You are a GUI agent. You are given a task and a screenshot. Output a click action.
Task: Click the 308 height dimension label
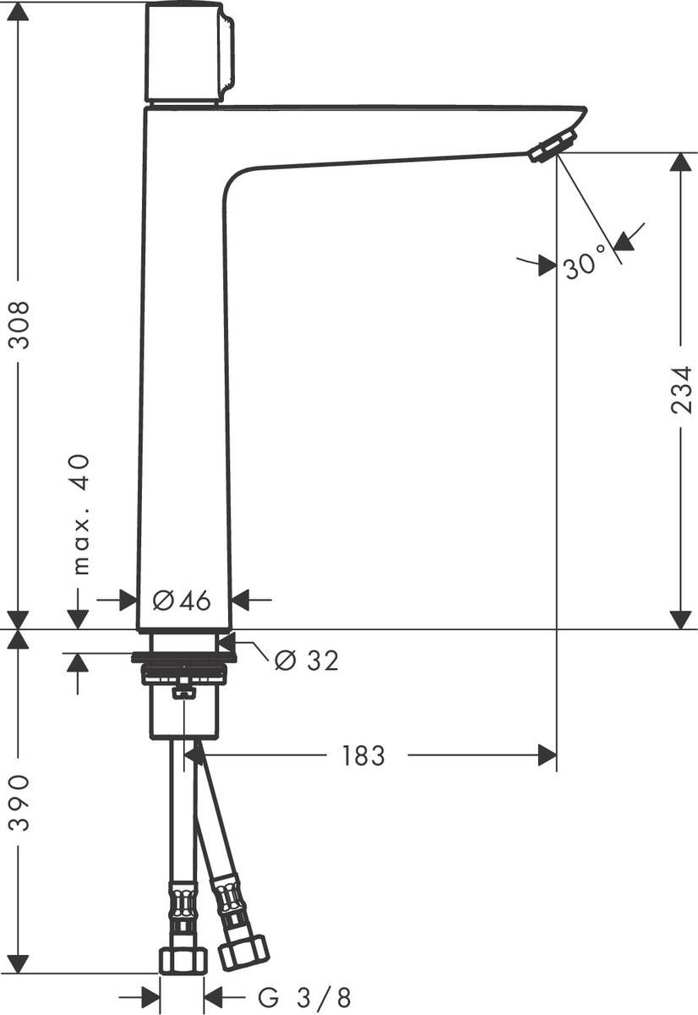(x=19, y=324)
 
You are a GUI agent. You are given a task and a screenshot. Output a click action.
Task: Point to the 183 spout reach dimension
(x=364, y=755)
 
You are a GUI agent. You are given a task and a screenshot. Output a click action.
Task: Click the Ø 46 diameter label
(x=182, y=601)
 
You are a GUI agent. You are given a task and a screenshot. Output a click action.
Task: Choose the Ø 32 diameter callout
(x=307, y=661)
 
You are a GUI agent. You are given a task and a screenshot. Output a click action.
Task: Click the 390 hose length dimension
(x=19, y=801)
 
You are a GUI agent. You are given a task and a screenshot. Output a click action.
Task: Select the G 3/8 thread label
(x=304, y=997)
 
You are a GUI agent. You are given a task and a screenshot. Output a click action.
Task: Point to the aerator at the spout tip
(x=552, y=145)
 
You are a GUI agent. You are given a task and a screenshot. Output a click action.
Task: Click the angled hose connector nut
(x=243, y=952)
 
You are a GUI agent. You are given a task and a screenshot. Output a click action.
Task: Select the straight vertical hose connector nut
(x=183, y=958)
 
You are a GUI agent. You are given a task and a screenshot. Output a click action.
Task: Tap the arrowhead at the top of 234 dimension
(x=680, y=162)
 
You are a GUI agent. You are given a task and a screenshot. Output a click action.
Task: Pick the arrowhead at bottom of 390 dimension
(x=19, y=963)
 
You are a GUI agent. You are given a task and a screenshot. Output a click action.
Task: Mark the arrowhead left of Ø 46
(x=127, y=601)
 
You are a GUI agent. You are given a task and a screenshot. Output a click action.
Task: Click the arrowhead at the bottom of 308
(x=19, y=619)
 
